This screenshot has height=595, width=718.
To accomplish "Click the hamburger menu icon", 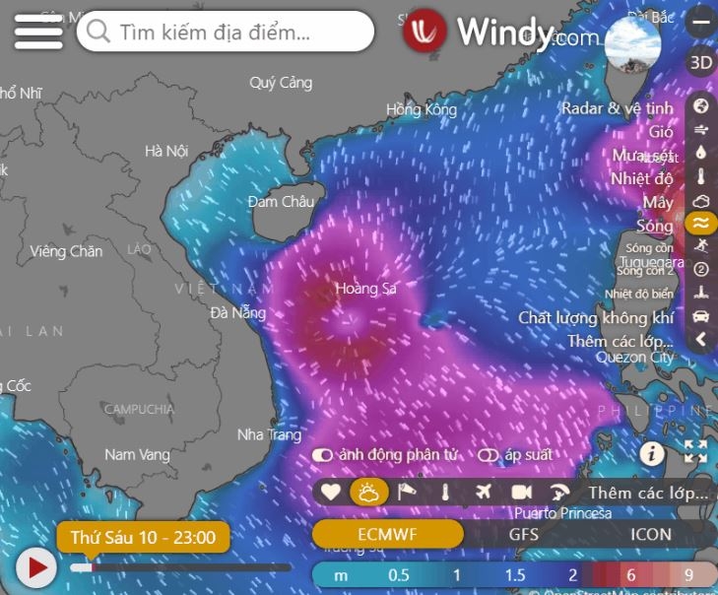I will point(38,32).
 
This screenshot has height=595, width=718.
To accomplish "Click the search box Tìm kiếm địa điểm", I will point(226,33).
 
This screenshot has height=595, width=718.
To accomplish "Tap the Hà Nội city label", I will point(165,152).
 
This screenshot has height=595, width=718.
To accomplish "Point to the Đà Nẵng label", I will point(238,313).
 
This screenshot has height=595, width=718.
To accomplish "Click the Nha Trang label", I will point(269,434).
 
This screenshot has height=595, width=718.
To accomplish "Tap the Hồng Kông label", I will point(422,109).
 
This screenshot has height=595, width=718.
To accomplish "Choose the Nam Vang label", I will point(137,455).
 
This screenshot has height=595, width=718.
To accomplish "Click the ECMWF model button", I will point(388,535).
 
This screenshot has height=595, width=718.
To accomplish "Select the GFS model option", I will point(523,535).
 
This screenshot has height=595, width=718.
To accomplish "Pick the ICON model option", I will point(650,535).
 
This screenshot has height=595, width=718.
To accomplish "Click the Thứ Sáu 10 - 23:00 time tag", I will point(144,538).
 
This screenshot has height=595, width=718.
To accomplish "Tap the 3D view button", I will point(700,63).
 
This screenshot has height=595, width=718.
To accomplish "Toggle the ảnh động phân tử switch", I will point(322,456).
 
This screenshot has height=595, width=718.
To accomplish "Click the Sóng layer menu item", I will point(655,226).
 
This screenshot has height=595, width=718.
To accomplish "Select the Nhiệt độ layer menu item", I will point(642,178).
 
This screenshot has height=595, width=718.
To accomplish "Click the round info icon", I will point(651,453).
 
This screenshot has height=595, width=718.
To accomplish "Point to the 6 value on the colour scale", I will point(631,575).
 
